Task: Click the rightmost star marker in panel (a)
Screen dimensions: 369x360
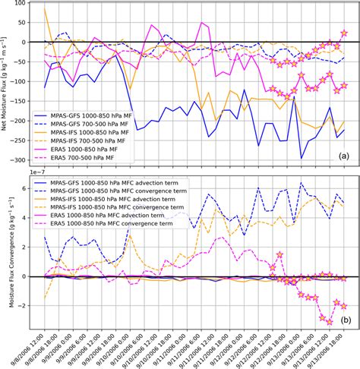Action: [344, 33]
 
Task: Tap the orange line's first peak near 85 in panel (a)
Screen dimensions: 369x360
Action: [46, 9]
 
